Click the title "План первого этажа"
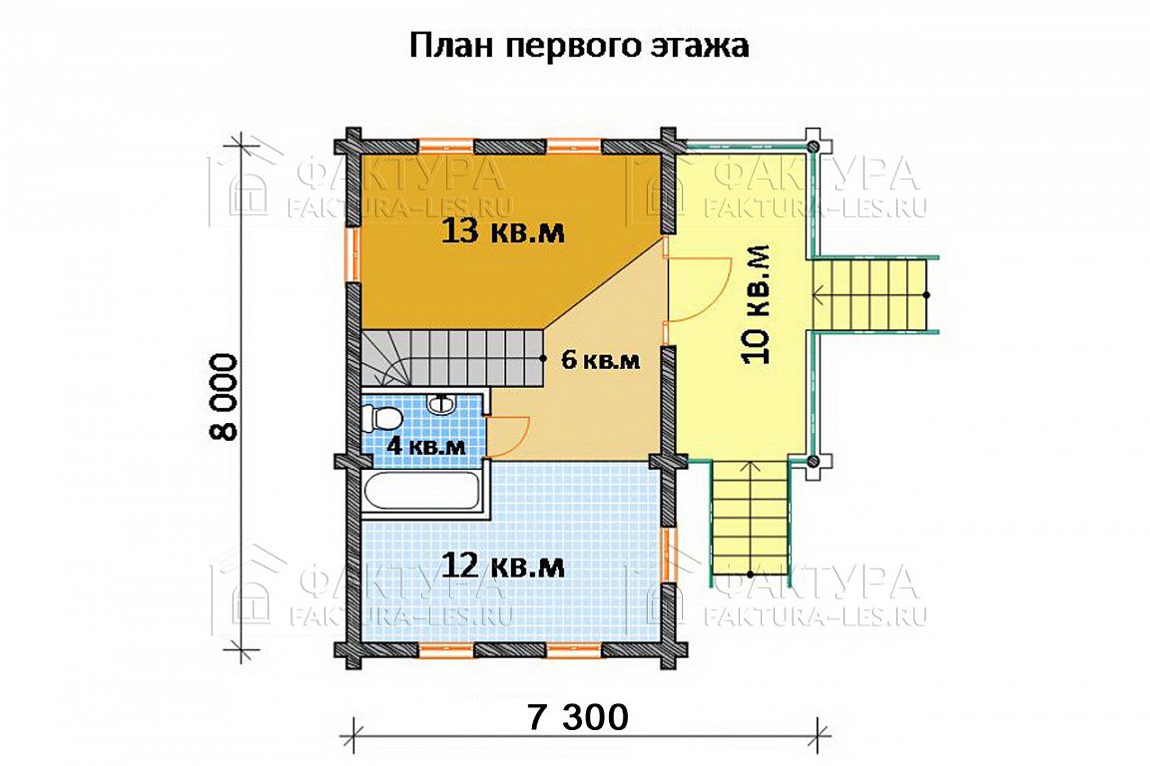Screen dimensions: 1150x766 [x=579, y=47]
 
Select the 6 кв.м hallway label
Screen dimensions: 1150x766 [x=600, y=360]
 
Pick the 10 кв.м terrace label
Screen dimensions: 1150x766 [x=756, y=303]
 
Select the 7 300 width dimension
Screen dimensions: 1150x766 [x=577, y=716]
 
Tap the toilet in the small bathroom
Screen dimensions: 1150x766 [x=382, y=420]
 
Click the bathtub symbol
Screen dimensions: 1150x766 [x=421, y=495]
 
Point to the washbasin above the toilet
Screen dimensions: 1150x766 [x=442, y=402]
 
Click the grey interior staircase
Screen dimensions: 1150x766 [x=451, y=357]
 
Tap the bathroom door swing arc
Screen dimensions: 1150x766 [x=513, y=437]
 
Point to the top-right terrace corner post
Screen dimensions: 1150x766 [x=813, y=146]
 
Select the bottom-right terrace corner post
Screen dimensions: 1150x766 [x=813, y=461]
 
